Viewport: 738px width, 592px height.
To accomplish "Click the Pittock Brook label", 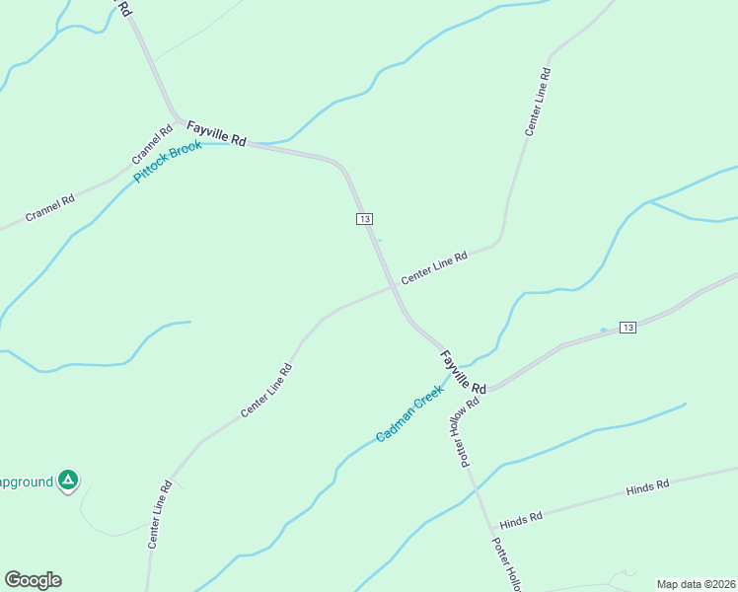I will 168,161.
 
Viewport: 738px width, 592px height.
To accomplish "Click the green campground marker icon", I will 67,481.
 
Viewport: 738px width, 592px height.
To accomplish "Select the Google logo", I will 33,580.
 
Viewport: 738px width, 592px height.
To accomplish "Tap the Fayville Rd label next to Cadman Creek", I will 464,371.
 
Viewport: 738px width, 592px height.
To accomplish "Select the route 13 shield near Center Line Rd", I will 365,218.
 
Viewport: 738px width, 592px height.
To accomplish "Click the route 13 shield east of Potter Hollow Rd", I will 627,327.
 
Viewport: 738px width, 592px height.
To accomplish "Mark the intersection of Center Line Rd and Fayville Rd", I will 394,285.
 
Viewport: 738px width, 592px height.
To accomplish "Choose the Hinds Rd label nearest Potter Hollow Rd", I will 521,519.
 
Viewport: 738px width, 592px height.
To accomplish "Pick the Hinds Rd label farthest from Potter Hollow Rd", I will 647,486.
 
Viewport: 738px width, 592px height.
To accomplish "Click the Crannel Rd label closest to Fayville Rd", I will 152,146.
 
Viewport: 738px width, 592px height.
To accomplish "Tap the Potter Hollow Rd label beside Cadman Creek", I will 467,431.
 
